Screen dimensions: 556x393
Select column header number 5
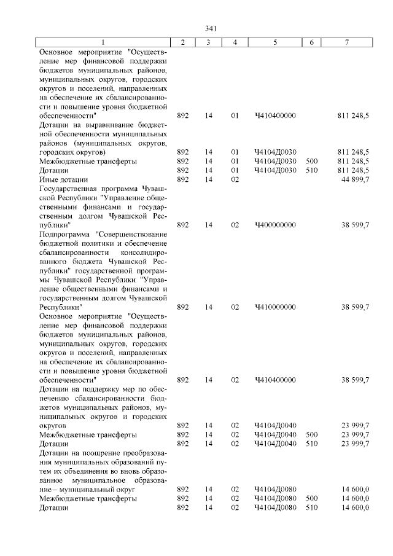pos(274,42)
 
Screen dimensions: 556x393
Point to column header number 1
pos(103,42)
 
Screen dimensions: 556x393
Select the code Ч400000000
pos(274,225)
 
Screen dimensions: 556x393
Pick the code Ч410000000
pos(274,307)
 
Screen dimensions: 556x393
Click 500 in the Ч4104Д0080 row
pos(311,498)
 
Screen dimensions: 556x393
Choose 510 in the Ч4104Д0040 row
pos(311,443)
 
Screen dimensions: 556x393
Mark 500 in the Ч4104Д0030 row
pos(311,161)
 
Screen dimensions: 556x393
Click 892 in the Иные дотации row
pos(183,179)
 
